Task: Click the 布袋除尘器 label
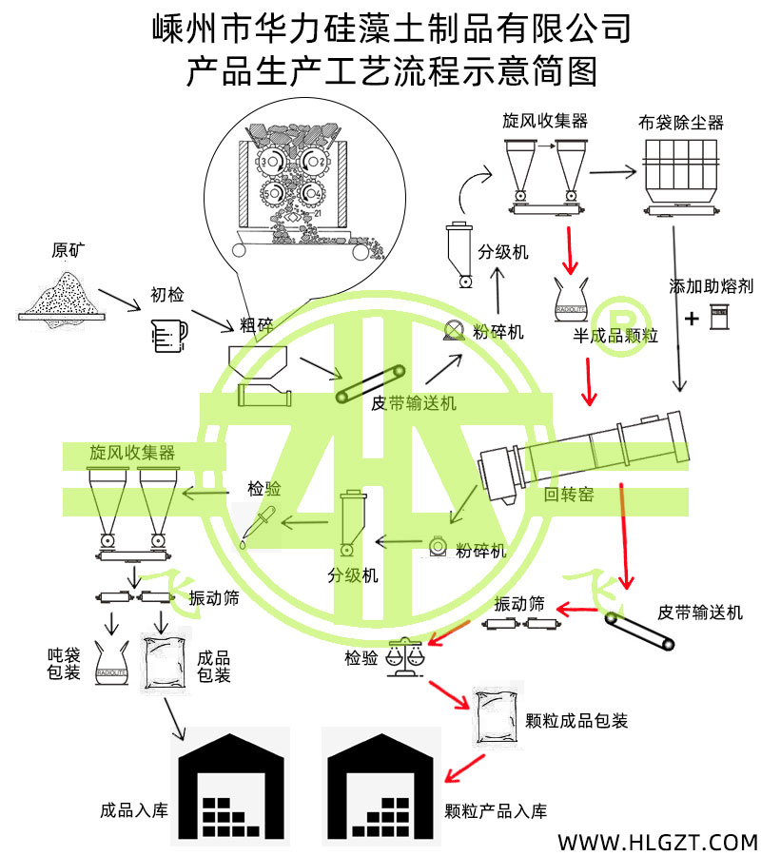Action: tap(681, 123)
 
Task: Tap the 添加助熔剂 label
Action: tap(711, 286)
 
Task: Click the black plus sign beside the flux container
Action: tap(692, 318)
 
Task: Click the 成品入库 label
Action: tap(133, 811)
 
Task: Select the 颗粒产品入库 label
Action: tap(496, 811)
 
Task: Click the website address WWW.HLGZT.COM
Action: tap(656, 841)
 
